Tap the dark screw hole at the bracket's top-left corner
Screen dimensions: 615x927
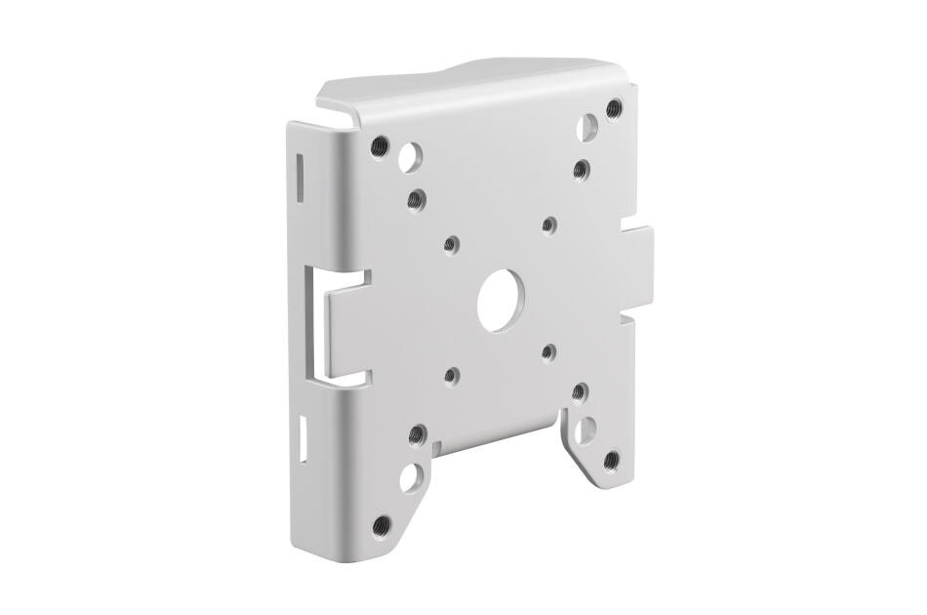click(381, 146)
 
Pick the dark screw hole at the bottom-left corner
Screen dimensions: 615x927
click(382, 524)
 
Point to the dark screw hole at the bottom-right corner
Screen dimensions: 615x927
click(612, 459)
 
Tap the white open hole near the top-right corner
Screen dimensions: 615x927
click(588, 128)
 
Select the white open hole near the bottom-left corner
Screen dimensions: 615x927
click(414, 475)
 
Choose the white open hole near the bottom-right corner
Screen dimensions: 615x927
click(590, 429)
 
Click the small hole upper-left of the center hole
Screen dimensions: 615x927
click(450, 243)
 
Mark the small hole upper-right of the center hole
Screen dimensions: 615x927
click(549, 225)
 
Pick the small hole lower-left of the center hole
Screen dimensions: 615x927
click(450, 374)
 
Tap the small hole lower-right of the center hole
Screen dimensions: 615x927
click(548, 348)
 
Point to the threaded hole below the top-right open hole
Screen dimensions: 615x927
click(580, 168)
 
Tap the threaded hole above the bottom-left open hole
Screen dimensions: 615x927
click(417, 431)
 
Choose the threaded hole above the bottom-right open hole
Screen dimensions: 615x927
click(580, 390)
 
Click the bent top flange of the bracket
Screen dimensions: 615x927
click(468, 93)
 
